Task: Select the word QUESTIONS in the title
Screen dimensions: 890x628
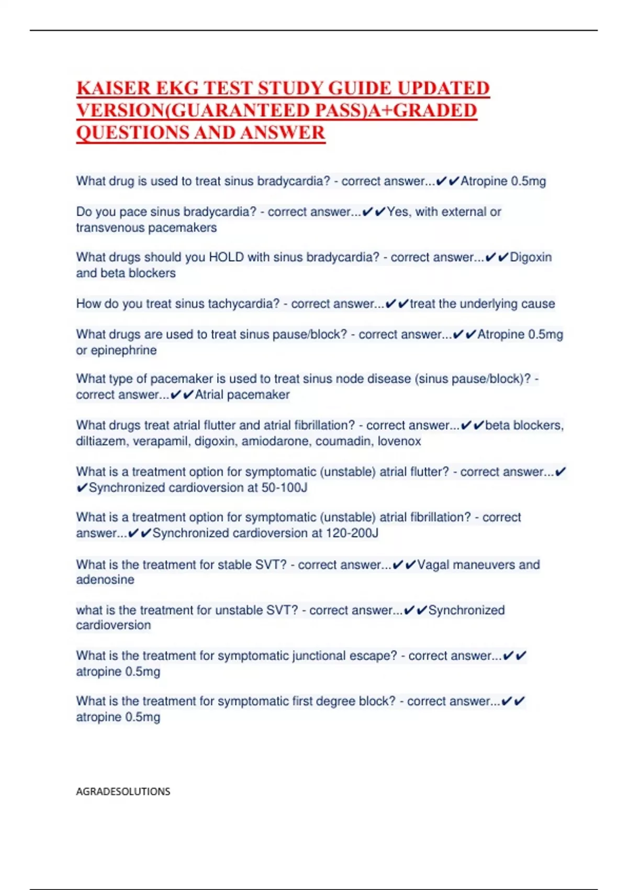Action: tap(132, 132)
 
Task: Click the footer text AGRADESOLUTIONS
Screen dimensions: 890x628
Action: tap(123, 791)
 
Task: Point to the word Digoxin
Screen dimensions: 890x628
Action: tap(531, 257)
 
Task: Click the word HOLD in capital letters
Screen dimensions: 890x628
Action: tap(226, 257)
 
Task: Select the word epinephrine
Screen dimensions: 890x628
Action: tap(124, 350)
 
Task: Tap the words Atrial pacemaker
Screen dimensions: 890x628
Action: tap(242, 395)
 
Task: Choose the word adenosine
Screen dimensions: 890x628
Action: tap(105, 580)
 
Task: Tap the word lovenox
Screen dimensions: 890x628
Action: tap(399, 441)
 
